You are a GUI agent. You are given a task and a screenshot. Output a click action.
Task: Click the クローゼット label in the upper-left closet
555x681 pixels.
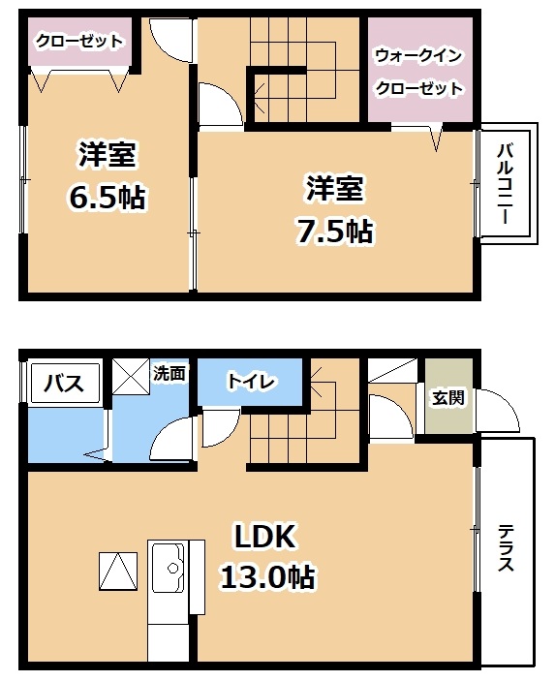[79, 42]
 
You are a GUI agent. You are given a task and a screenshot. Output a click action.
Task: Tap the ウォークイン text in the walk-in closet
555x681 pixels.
[417, 56]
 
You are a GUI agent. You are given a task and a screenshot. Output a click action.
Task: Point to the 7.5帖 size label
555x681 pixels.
[334, 232]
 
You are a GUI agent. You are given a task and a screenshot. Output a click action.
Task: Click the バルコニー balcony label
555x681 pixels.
[506, 183]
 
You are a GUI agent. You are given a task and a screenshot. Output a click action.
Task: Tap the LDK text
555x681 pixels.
[265, 537]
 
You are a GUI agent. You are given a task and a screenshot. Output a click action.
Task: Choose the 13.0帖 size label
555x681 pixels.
[267, 577]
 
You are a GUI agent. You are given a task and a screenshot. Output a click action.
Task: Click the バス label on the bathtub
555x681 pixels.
[64, 384]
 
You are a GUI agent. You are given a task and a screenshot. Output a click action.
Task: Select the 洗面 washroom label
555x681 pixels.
[170, 373]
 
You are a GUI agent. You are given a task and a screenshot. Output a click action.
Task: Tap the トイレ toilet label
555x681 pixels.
[251, 382]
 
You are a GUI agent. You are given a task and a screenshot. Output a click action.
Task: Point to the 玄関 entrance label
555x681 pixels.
[447, 397]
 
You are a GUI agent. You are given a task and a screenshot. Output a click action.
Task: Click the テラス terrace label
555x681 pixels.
[506, 547]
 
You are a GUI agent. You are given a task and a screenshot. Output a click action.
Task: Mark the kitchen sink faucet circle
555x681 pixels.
[173, 568]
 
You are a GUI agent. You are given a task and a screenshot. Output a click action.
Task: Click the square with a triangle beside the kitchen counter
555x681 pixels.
[118, 572]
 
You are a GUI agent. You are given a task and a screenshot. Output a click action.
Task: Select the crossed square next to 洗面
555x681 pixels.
[131, 376]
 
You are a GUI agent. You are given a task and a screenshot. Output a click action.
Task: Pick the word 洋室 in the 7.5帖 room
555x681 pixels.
[334, 189]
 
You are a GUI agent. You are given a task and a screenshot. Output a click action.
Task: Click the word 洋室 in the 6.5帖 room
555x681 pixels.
[108, 155]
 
